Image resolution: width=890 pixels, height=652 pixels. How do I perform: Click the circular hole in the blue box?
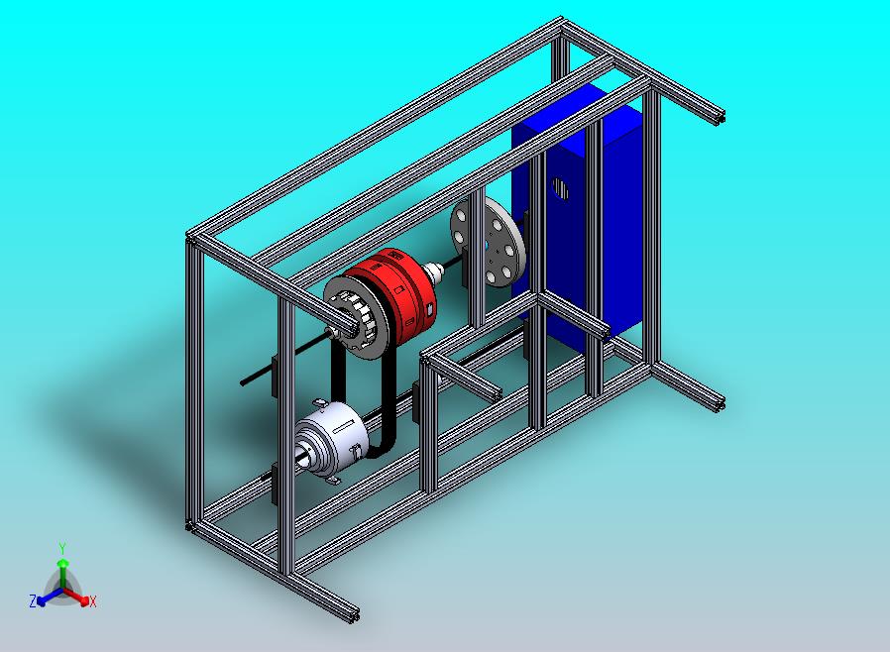pyautogui.click(x=560, y=189)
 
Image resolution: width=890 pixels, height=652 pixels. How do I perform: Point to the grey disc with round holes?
pyautogui.click(x=489, y=242)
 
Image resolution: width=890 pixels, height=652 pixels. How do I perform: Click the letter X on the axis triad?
pyautogui.click(x=93, y=601)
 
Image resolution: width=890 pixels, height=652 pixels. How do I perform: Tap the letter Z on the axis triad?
pyautogui.click(x=33, y=600)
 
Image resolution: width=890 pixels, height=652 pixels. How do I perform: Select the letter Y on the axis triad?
pyautogui.click(x=62, y=548)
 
